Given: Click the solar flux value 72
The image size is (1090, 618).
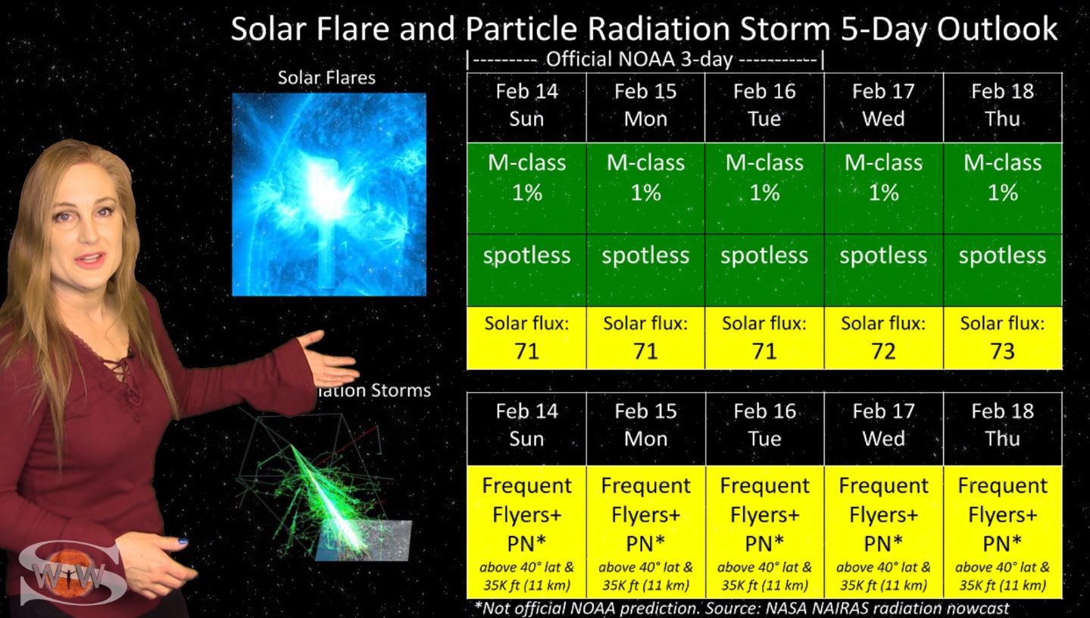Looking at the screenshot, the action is coord(883,351).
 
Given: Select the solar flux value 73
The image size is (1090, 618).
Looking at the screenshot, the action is coord(1002,351).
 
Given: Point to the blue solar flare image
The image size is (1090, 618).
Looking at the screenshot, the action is coord(329,194).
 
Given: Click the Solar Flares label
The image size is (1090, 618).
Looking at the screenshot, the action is coord(326,77).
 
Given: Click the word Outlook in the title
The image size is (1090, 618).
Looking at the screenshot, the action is coord(997,29).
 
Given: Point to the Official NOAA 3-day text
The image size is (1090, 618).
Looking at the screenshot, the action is coord(639,59).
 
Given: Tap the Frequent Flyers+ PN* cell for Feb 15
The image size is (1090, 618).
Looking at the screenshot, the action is coord(645,532).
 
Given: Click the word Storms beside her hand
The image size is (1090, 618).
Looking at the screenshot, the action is coord(401,390).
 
